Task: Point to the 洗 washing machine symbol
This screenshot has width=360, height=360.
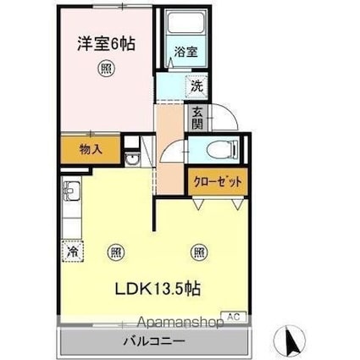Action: pyautogui.click(x=196, y=86)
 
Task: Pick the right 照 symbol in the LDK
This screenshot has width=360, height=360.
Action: pyautogui.click(x=198, y=251)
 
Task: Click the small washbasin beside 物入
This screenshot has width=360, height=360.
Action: pyautogui.click(x=132, y=161)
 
